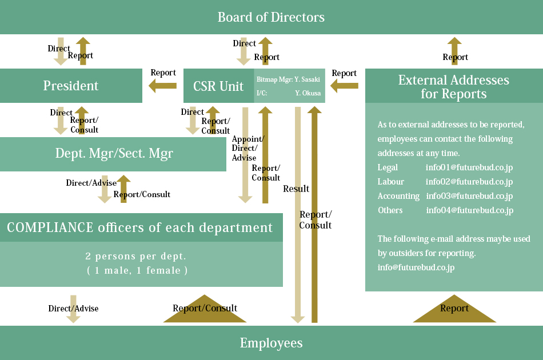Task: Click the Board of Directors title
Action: pos(271,17)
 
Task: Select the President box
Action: pos(71,86)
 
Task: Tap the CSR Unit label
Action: pos(218,86)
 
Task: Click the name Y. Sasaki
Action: pos(307,79)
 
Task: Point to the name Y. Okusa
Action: pos(308,93)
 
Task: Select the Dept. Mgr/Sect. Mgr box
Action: pos(113,154)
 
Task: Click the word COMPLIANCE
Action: pos(50,227)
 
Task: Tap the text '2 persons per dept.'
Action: pos(136,256)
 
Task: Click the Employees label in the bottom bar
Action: pos(271,343)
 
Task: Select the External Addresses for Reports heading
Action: pos(454,86)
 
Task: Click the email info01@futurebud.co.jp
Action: pos(469,167)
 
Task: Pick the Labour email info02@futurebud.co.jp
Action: pos(469,182)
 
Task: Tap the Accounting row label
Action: pos(398,196)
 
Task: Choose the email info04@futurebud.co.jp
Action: pos(470,210)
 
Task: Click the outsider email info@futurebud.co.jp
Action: pos(416,267)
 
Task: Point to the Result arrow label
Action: pos(296,189)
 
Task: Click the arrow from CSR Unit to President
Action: pos(162,86)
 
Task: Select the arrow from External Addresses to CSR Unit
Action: pos(344,86)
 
